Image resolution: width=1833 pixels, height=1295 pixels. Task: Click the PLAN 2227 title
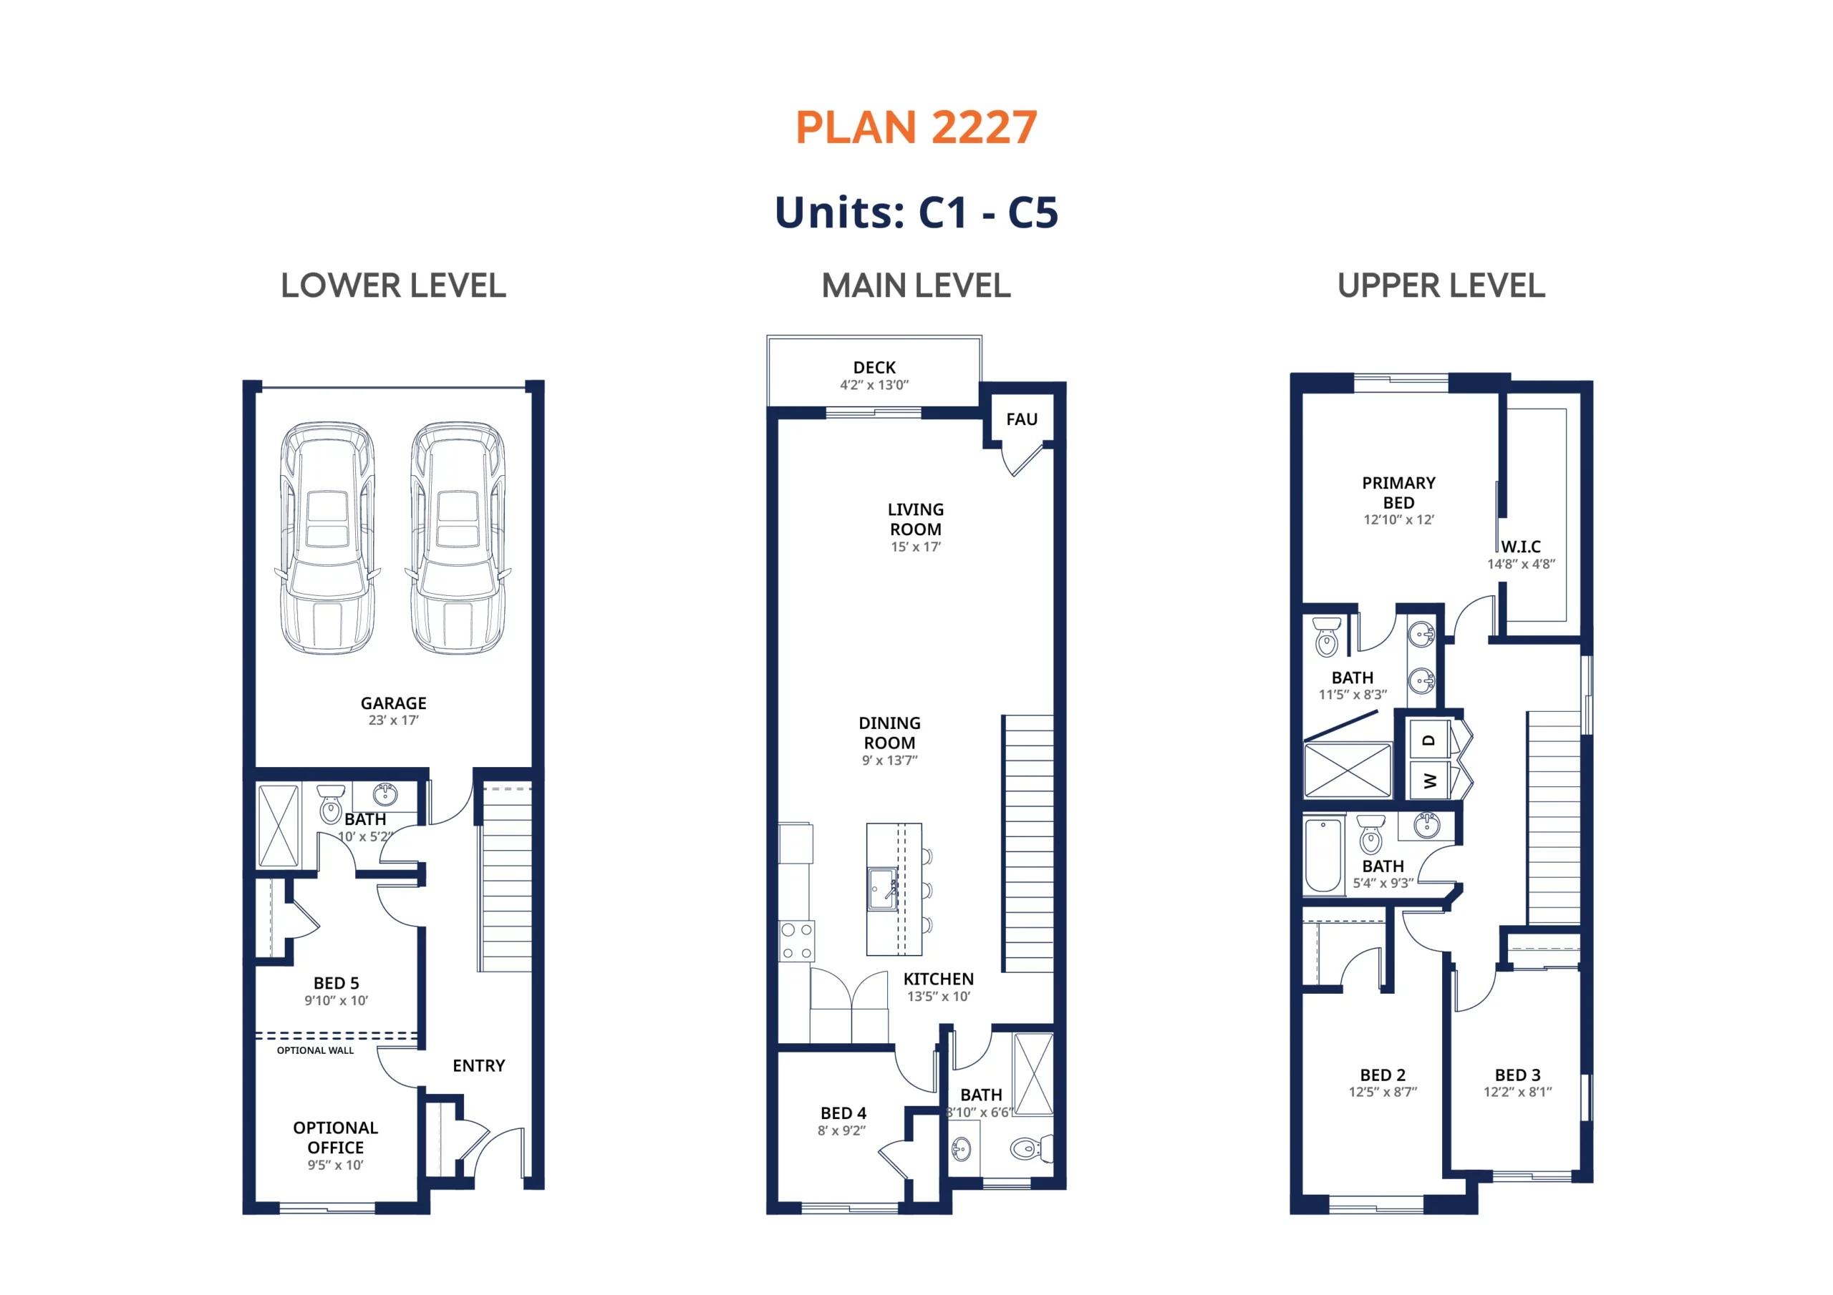(x=916, y=127)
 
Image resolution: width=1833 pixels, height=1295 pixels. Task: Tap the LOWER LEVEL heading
(x=394, y=285)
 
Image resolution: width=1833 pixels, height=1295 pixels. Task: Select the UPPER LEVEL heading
(x=1441, y=285)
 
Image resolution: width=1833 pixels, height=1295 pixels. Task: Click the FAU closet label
(x=1021, y=419)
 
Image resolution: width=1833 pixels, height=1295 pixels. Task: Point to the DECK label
(x=874, y=368)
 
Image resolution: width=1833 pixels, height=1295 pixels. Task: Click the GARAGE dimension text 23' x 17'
(x=394, y=720)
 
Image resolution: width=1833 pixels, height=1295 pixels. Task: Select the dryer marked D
(x=1429, y=740)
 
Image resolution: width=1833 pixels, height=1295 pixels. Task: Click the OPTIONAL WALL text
(x=315, y=1050)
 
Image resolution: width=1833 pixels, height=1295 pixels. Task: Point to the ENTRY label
(x=478, y=1066)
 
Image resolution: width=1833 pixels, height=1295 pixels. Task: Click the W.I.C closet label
(x=1520, y=547)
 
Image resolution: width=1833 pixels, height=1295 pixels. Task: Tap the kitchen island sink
(x=883, y=889)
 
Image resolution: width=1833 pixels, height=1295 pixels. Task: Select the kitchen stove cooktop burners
(x=797, y=942)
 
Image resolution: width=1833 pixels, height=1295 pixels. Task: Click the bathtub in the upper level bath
(x=1323, y=854)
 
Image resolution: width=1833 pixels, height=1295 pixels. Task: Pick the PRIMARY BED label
(x=1398, y=493)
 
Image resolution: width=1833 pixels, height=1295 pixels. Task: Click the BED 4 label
(x=843, y=1113)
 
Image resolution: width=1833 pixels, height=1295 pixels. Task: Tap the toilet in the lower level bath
(x=332, y=804)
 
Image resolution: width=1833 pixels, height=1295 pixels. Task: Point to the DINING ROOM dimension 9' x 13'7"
(x=889, y=761)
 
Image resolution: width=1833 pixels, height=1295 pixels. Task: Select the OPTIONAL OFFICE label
(x=335, y=1138)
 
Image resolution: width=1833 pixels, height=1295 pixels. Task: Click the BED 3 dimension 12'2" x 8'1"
(x=1518, y=1093)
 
